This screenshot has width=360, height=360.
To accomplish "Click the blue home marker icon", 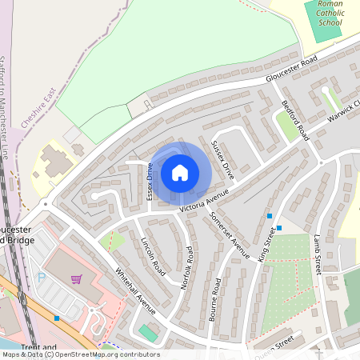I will tap(180, 172).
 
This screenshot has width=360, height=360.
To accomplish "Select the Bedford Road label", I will tap(295, 120).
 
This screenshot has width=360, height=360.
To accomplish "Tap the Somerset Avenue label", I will tap(230, 231).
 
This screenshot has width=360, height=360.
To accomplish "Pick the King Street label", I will tap(267, 244).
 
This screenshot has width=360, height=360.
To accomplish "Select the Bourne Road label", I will tap(214, 299).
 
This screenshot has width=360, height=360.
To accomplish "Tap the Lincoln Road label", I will tap(153, 256).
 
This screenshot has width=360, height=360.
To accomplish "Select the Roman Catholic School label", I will tap(329, 14).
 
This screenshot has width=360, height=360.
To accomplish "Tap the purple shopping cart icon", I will tap(76, 279).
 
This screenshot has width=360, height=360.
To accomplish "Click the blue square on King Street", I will tap(270, 216).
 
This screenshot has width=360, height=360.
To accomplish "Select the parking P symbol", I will tap(42, 277).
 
